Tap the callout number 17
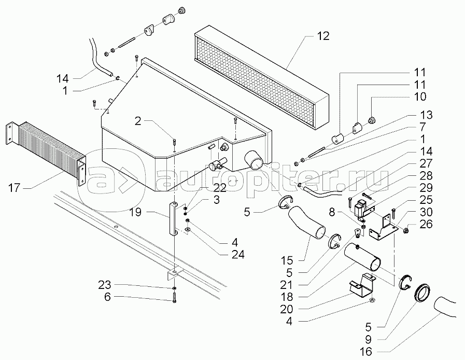tap(15, 188)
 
